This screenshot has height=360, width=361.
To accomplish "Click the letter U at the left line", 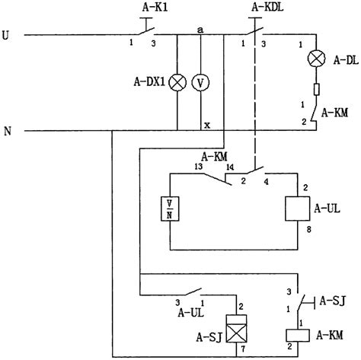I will [8, 35].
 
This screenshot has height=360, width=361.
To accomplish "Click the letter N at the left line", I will [8, 130].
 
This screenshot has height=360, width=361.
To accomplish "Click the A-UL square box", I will [296, 207].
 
